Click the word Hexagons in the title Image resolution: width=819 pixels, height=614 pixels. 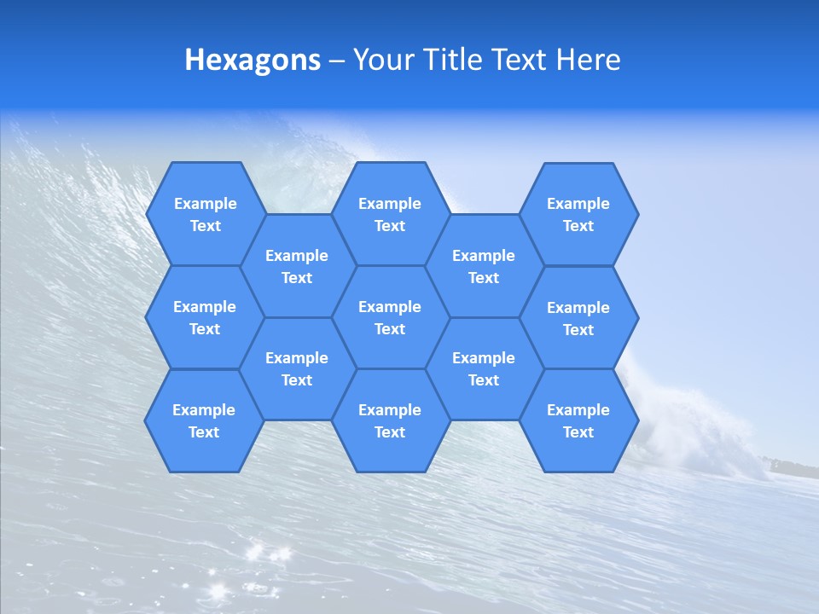tap(253, 60)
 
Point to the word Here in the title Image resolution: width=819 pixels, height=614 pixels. tap(588, 60)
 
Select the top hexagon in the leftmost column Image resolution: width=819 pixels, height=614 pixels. tap(205, 214)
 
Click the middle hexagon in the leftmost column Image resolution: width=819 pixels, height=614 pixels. tap(205, 317)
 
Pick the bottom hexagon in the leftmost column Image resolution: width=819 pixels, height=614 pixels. tap(204, 420)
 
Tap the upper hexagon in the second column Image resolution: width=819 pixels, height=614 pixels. tap(297, 266)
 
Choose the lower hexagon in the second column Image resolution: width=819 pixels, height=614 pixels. tap(297, 368)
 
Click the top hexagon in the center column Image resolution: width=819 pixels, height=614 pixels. tap(390, 214)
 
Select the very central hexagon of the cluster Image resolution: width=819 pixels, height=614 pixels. tap(390, 317)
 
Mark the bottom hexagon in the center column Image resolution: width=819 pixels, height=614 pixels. tap(390, 420)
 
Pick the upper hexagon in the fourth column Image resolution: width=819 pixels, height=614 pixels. tap(484, 266)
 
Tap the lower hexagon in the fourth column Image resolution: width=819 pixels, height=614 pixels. tap(484, 368)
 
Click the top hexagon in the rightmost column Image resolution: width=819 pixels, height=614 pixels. tap(578, 214)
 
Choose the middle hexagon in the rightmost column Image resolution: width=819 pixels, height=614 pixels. tap(578, 318)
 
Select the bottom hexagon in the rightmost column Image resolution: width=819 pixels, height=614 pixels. tap(578, 420)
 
